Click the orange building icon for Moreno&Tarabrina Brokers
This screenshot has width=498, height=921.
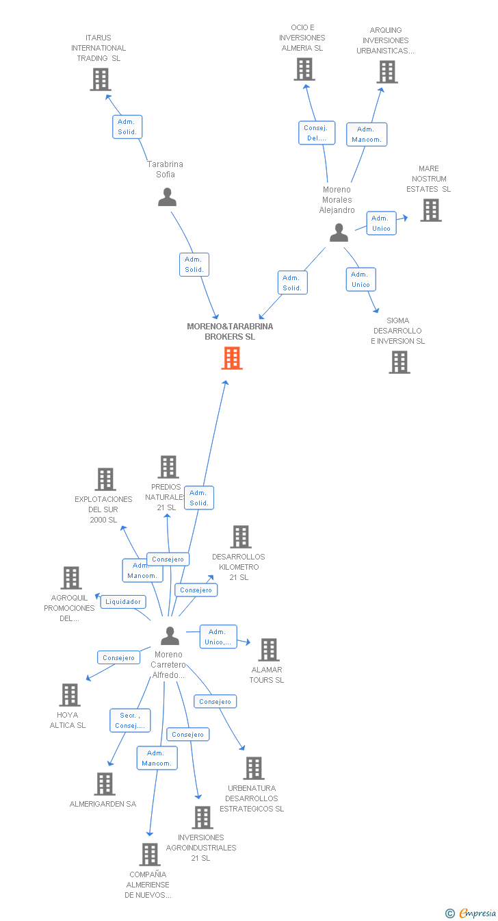tap(232, 357)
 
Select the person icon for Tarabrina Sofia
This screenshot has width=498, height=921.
tap(167, 197)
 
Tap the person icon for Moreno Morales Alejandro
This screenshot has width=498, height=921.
tap(339, 233)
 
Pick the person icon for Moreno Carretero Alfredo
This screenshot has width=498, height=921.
tap(170, 636)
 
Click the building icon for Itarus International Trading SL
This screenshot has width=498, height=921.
tap(101, 79)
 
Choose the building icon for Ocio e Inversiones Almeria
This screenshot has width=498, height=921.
tap(304, 69)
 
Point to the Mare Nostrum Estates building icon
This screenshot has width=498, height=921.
tap(430, 210)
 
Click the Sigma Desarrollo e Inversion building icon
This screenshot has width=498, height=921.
tap(399, 362)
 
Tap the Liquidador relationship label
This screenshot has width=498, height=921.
tap(123, 602)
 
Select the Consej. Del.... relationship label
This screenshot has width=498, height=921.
tap(317, 133)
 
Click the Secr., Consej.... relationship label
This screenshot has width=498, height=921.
tap(130, 720)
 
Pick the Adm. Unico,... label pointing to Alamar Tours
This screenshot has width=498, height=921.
tap(218, 637)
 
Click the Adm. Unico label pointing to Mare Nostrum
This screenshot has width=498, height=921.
tap(381, 223)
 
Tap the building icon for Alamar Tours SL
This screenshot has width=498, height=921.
tap(269, 650)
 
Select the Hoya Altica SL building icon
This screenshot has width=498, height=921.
tap(69, 695)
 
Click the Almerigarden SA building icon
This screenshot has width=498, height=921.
tap(104, 784)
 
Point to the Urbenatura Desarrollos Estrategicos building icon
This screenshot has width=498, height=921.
tap(254, 768)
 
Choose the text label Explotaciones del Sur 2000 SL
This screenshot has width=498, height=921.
tap(103, 509)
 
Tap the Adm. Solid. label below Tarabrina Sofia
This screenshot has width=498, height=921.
tap(194, 264)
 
